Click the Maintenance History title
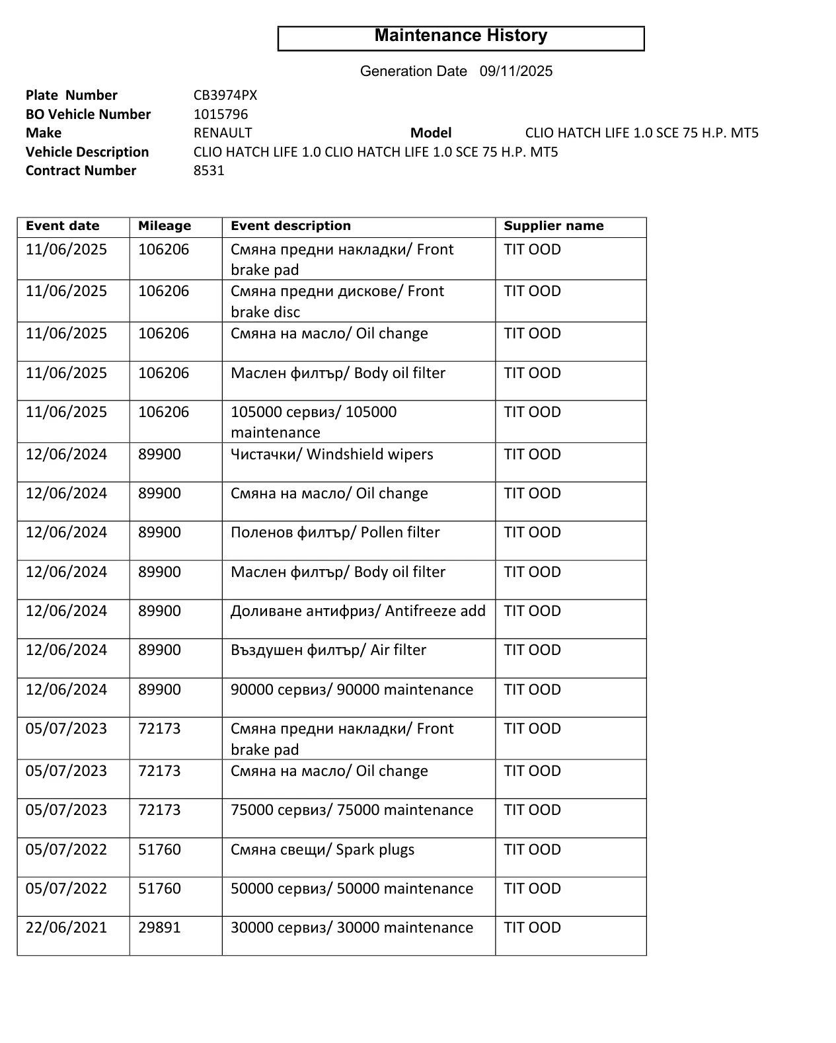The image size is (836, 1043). pyautogui.click(x=461, y=36)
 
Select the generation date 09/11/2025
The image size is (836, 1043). pyautogui.click(x=515, y=71)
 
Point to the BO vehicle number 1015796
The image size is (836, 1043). pyautogui.click(x=221, y=114)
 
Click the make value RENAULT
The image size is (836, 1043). pyautogui.click(x=223, y=133)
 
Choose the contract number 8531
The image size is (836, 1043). pyautogui.click(x=209, y=171)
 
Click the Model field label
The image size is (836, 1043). pyautogui.click(x=430, y=133)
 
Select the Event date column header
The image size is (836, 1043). pyautogui.click(x=63, y=226)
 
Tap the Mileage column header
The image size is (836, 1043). pyautogui.click(x=165, y=226)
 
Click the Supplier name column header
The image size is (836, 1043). pyautogui.click(x=553, y=226)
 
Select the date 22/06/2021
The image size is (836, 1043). pyautogui.click(x=66, y=928)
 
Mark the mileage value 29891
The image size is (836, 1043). pyautogui.click(x=159, y=928)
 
